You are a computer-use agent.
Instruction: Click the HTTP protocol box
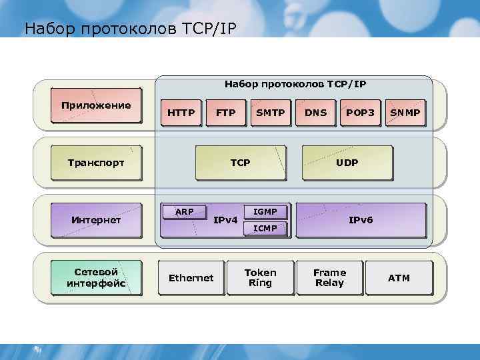pos(181,113)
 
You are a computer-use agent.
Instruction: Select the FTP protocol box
pos(226,113)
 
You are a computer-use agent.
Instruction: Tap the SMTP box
pos(271,113)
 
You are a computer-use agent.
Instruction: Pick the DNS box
pos(316,113)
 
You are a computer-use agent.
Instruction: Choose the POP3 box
pos(361,113)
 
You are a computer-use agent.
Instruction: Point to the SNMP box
pos(405,113)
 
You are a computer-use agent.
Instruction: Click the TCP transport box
pos(240,163)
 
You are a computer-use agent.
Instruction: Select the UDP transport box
pos(347,163)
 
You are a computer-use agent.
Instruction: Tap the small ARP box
pos(184,212)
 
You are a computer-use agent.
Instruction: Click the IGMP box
pos(265,212)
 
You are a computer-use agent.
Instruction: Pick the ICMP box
pos(265,229)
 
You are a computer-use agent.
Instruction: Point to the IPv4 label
pos(225,220)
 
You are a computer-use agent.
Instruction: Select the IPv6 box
pos(361,220)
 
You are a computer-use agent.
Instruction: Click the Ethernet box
pos(191,278)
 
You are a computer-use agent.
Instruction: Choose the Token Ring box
pos(260,278)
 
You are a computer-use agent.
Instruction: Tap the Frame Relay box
pos(329,278)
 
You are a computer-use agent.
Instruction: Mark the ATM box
pos(399,278)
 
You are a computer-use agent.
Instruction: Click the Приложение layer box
pos(96,106)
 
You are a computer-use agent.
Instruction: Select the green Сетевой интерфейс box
pos(96,278)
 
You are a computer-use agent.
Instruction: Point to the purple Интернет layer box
pos(96,220)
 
